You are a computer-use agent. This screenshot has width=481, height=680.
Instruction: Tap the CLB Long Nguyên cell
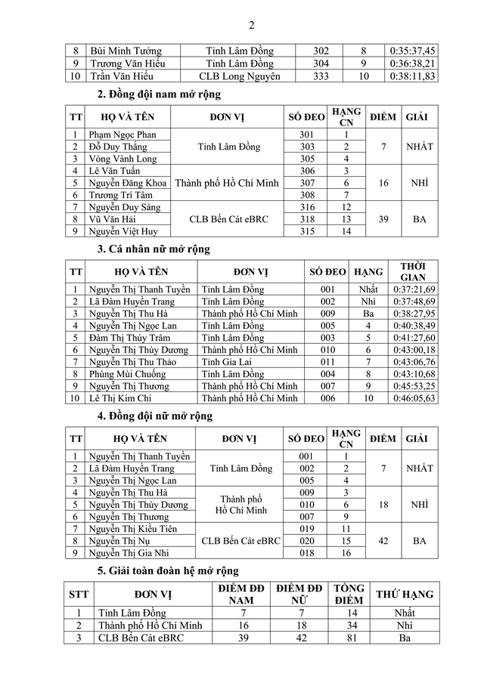(x=240, y=76)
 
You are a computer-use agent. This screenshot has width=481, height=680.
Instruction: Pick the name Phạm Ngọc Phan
(x=123, y=134)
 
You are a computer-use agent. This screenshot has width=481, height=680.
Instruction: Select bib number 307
(x=306, y=183)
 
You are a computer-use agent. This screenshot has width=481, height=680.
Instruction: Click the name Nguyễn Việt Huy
(x=123, y=231)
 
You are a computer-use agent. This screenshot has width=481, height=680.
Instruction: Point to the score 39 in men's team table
(x=383, y=218)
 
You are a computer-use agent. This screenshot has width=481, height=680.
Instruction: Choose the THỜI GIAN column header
(x=413, y=271)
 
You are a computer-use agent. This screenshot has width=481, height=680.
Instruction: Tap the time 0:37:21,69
(x=413, y=289)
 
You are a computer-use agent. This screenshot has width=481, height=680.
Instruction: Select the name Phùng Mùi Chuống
(x=128, y=374)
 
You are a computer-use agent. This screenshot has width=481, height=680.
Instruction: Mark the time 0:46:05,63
(x=413, y=398)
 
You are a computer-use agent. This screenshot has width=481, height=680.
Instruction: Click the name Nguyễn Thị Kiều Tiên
(x=132, y=529)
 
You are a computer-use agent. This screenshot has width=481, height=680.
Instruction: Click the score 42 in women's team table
(x=383, y=541)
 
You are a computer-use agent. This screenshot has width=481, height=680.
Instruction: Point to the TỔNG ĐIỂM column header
(x=349, y=594)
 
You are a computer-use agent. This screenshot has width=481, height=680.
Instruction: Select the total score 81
(x=349, y=638)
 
